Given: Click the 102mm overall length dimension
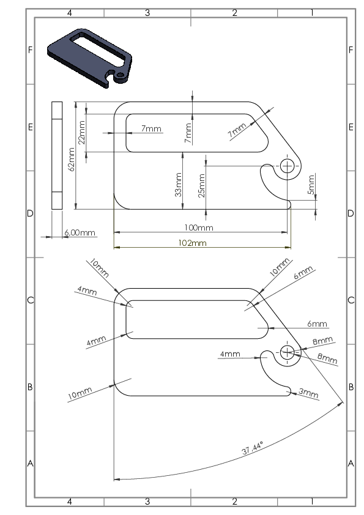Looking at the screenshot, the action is point(193,243).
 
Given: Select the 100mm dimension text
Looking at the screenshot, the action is point(199,228).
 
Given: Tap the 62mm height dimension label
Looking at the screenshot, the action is point(72,159).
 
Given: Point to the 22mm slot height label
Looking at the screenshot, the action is point(82,132).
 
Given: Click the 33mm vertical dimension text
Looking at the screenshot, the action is point(178,185).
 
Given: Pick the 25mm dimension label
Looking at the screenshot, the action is point(201,185).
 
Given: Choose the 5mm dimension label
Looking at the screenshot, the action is point(311,185).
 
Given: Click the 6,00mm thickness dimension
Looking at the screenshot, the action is point(80,232).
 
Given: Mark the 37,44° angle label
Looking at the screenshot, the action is point(253,448).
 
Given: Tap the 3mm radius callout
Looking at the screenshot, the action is point(308,393).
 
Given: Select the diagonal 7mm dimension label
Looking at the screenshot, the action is point(237,130).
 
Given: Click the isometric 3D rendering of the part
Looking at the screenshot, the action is point(90,58).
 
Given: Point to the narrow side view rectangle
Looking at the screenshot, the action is point(57,155).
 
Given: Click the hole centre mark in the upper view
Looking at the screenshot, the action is point(287,166).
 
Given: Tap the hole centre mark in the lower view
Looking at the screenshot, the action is point(287,352).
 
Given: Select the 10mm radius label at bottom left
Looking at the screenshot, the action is point(80,393).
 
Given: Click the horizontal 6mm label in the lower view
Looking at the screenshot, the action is point(317,324).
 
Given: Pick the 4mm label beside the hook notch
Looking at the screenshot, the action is point(230,354).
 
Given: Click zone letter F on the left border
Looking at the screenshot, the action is point(30,50).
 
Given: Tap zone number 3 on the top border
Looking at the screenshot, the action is point(147,13).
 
